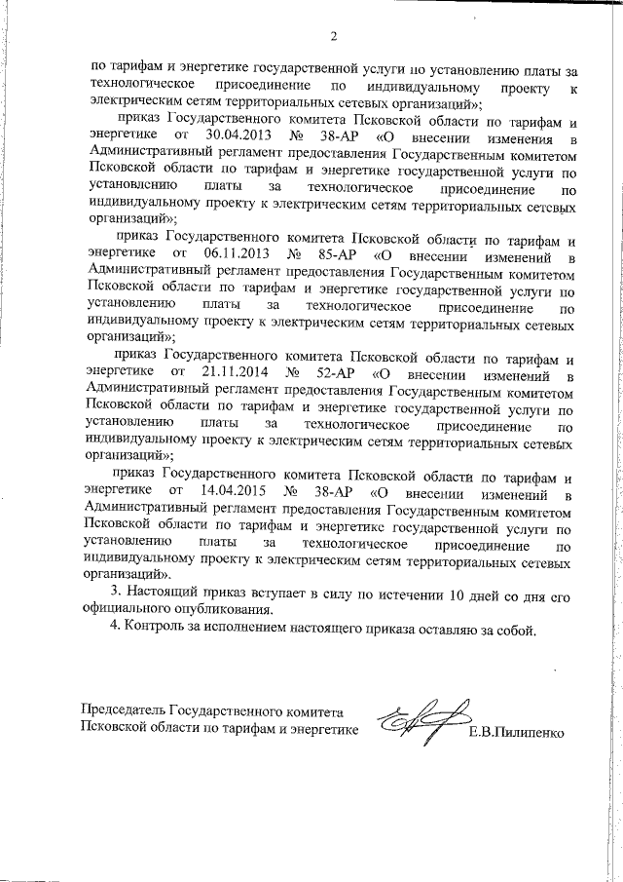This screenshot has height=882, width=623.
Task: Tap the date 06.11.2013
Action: tap(229, 255)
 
